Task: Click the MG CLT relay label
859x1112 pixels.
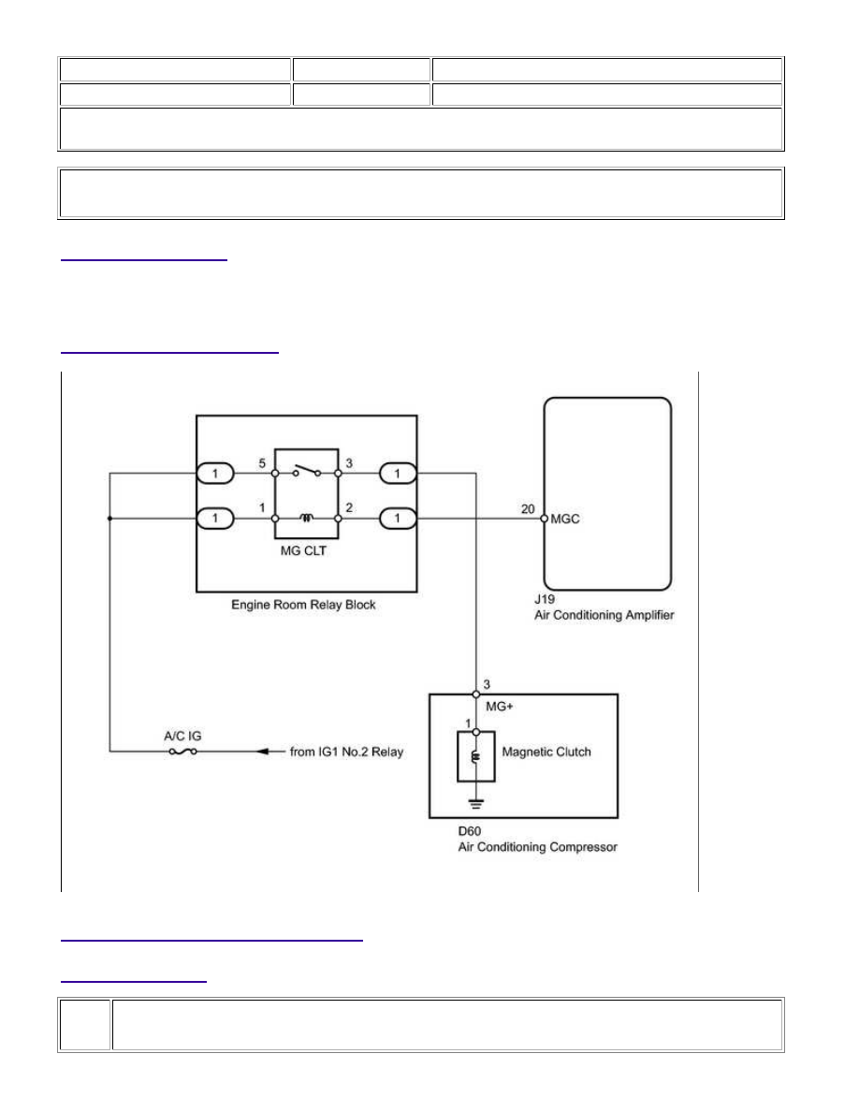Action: [x=303, y=551]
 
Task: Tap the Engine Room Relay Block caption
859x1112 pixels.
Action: [x=303, y=605]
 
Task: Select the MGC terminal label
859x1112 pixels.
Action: [x=565, y=519]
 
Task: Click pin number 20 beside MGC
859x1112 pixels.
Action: [x=528, y=509]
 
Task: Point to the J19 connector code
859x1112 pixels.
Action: [x=545, y=599]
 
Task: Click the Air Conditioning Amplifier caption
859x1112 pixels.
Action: [x=604, y=616]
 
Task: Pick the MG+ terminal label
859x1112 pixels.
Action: [x=500, y=707]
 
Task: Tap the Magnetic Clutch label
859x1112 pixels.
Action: [x=546, y=752]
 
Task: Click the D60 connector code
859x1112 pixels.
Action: [x=469, y=831]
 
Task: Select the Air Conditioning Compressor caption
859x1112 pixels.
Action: [x=537, y=847]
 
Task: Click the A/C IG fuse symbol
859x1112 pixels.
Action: [x=182, y=752]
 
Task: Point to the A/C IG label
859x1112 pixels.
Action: [x=182, y=736]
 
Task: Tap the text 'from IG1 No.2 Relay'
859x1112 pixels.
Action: [x=346, y=752]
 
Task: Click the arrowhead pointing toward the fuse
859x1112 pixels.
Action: [x=261, y=752]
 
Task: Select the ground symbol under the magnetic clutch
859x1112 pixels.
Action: [x=475, y=804]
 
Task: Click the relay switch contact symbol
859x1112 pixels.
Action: [x=306, y=470]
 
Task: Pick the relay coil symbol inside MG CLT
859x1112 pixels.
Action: [x=306, y=518]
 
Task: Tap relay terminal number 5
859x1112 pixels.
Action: [x=262, y=463]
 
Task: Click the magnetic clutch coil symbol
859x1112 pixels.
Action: [x=475, y=756]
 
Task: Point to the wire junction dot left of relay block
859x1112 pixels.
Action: [x=109, y=519]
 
